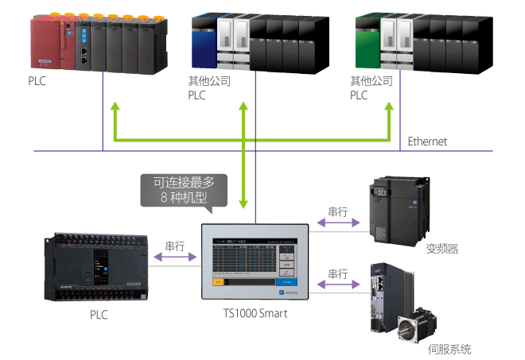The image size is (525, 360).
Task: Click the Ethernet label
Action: point(427,141)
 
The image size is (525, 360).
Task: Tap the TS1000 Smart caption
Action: point(255,313)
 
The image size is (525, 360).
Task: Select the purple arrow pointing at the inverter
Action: point(337,225)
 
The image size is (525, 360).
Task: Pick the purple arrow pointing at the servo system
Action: point(337,285)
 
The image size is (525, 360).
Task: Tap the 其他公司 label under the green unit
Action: point(371,81)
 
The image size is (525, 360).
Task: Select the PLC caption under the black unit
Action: point(99,315)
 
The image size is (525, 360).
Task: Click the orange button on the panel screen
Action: point(217,281)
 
